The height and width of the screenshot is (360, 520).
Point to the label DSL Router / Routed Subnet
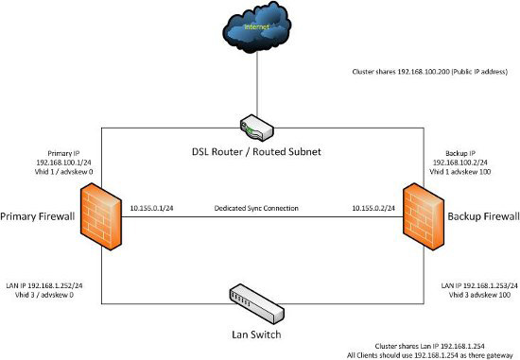pyautogui.click(x=260, y=149)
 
